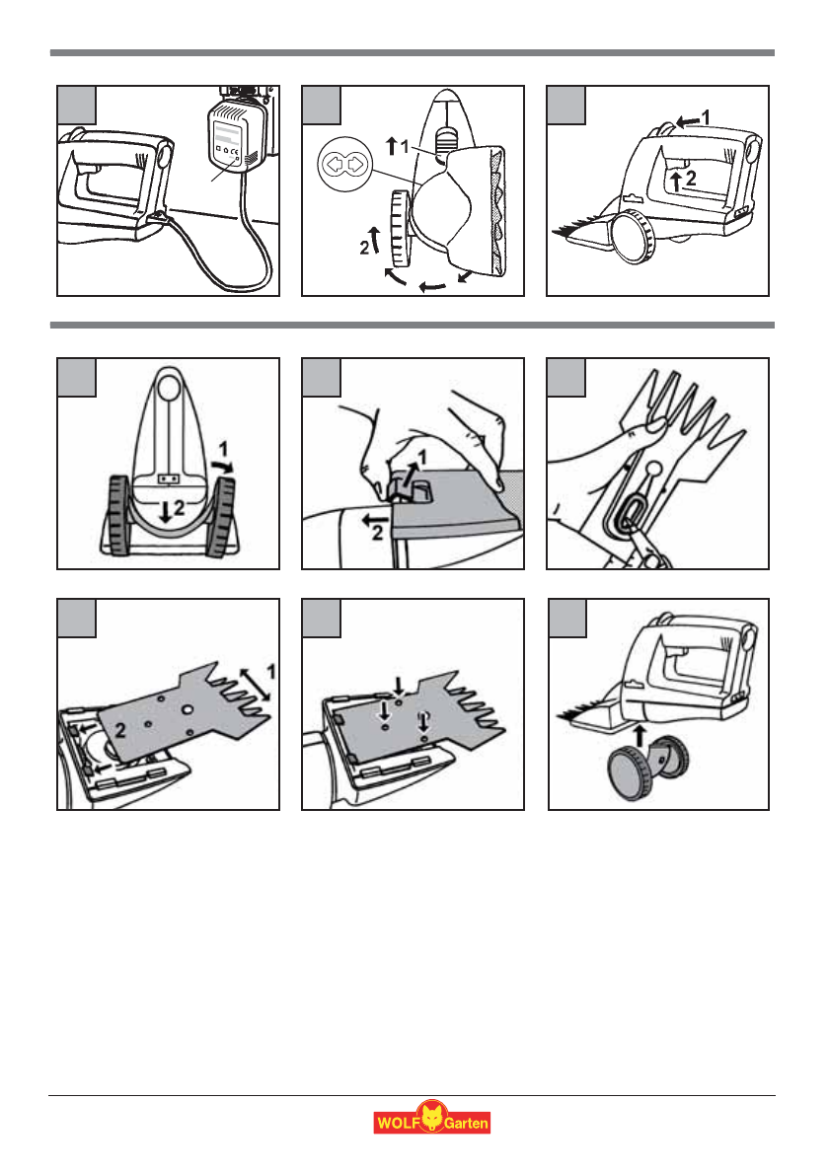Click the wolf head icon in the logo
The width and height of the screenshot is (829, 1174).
pos(430,1120)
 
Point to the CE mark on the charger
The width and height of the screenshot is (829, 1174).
pos(235,154)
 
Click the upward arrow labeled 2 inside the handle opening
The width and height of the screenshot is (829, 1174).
pos(675,181)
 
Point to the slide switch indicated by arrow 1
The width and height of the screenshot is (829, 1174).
pos(448,137)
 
